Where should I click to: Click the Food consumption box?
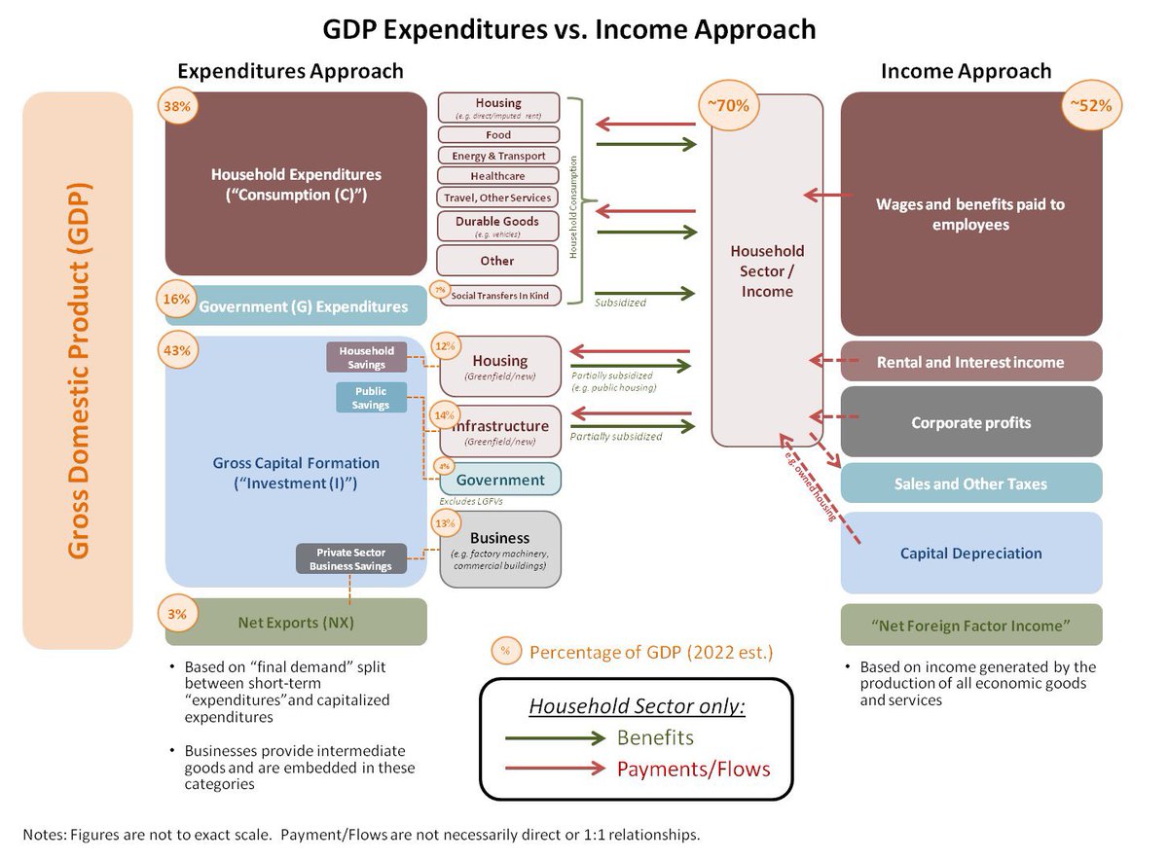(x=498, y=135)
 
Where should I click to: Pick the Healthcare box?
(x=498, y=176)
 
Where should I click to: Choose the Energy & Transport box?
(x=498, y=156)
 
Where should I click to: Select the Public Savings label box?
(x=371, y=398)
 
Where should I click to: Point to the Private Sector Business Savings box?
(x=350, y=559)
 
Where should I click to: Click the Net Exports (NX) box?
(x=296, y=622)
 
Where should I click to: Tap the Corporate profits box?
(x=970, y=422)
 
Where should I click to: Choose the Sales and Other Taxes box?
(x=970, y=484)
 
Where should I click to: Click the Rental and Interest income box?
(x=970, y=362)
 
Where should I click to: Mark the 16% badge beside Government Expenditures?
(x=175, y=300)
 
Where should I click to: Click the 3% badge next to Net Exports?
(x=175, y=614)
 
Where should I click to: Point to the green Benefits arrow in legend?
(x=555, y=738)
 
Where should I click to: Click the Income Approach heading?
(x=966, y=71)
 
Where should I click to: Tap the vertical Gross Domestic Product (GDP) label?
(x=78, y=370)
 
